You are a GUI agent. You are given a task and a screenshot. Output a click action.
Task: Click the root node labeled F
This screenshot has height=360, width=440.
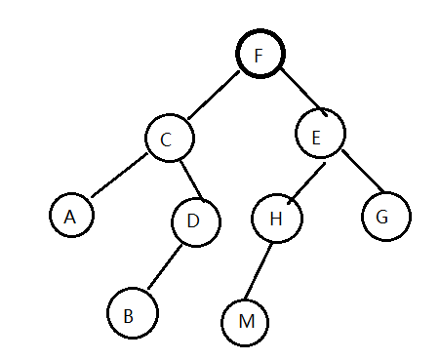click(x=260, y=54)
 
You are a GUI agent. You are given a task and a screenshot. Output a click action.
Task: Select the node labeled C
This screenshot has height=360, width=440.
click(x=170, y=138)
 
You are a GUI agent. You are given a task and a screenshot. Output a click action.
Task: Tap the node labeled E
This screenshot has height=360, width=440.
click(x=320, y=134)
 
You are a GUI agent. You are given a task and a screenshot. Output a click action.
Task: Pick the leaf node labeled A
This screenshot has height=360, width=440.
click(x=71, y=215)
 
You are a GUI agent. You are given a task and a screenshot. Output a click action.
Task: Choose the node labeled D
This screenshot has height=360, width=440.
click(x=196, y=222)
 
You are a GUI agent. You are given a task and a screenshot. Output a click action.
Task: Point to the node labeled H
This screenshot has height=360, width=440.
click(x=277, y=219)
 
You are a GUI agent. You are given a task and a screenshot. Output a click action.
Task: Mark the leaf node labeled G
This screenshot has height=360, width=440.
click(x=386, y=217)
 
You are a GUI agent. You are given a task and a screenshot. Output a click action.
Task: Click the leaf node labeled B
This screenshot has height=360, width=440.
click(x=133, y=313)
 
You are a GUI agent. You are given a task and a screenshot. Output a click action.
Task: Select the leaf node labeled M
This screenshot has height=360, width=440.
click(x=245, y=322)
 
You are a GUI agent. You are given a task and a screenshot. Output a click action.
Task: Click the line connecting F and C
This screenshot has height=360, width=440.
click(x=214, y=95)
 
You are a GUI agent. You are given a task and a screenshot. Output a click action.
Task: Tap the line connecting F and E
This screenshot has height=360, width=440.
click(x=303, y=92)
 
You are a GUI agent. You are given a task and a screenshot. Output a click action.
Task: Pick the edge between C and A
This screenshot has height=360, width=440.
click(x=119, y=176)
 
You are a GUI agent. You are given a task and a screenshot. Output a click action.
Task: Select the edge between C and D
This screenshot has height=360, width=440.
click(x=192, y=181)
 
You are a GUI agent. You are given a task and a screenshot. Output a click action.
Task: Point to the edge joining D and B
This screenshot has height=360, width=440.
click(x=165, y=266)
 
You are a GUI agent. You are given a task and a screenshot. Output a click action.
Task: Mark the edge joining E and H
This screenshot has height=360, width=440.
click(x=306, y=183)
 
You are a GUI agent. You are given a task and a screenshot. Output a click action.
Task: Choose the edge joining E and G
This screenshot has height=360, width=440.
click(x=363, y=171)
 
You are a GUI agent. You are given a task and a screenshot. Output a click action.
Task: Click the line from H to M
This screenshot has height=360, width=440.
click(x=259, y=271)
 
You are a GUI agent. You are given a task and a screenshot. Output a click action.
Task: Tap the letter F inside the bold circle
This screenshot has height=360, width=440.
click(x=259, y=56)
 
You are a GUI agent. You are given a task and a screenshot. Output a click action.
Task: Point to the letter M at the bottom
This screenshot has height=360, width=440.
click(x=247, y=322)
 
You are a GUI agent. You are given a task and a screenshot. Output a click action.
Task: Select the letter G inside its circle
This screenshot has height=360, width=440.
click(x=381, y=217)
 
